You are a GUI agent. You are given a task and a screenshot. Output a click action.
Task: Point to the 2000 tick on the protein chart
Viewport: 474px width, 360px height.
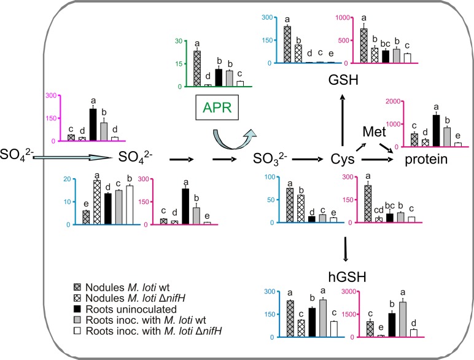(371, 101)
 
